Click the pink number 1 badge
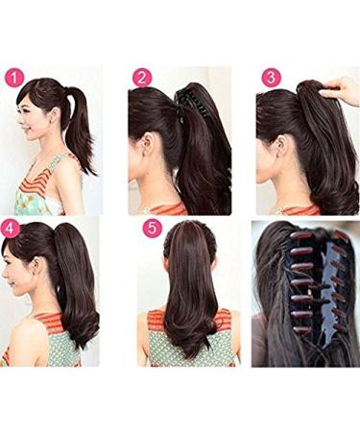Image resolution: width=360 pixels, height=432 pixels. [14, 78]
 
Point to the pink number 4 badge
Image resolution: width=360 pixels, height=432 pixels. [12, 228]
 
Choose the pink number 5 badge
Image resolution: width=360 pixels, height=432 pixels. [152, 228]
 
